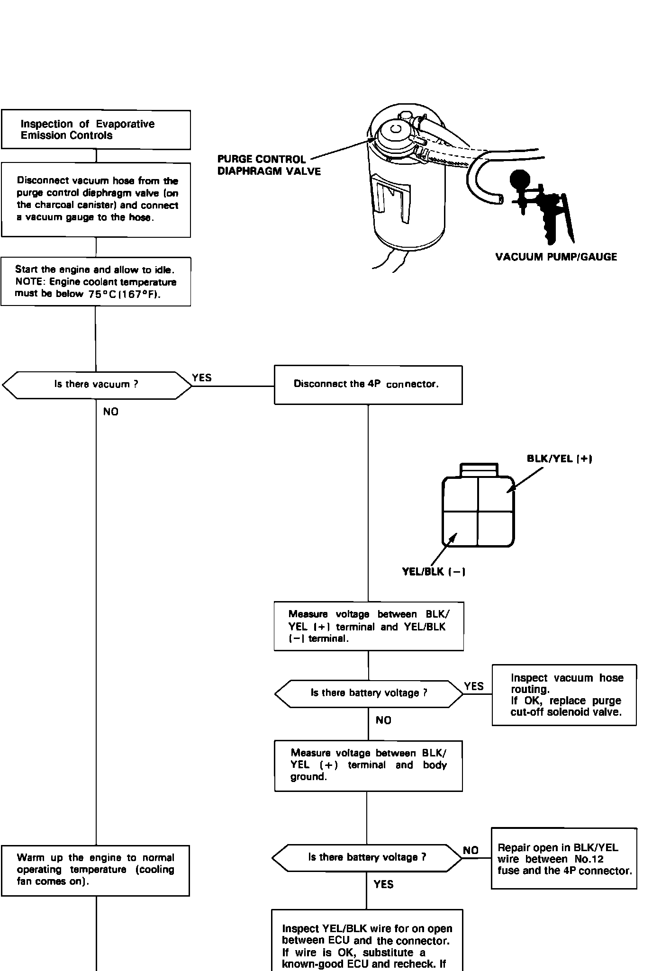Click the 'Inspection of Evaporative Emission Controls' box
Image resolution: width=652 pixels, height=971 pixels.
pos(96,130)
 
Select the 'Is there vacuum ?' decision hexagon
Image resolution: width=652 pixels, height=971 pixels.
pos(97,385)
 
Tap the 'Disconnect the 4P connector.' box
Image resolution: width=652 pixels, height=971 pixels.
pos(368,385)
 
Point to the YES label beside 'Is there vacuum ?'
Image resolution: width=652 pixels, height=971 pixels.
pos(202,378)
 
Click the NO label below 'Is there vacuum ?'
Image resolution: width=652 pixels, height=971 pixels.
pos(111,412)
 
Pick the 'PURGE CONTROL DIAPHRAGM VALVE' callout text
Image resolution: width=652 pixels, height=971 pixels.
pos(269,165)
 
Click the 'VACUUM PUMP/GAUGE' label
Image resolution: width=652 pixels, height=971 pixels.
pos(556,257)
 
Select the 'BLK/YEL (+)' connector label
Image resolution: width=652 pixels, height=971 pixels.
pos(560,459)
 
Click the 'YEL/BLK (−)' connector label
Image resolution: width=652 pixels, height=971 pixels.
pos(433,572)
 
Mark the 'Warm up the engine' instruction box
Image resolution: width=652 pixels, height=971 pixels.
pos(95,871)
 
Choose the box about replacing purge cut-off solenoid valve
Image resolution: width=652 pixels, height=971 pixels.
pos(564,695)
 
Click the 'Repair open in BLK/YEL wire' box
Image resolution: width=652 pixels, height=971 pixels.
pos(564,858)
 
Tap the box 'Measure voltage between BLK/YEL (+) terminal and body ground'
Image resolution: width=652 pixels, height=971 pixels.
pos(368,766)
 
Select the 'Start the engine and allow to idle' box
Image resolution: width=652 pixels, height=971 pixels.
pos(96,281)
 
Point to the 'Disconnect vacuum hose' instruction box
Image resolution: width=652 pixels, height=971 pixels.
pos(96,200)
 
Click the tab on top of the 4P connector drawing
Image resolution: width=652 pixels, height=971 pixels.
pos(479,469)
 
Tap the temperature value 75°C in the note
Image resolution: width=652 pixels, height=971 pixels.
pos(102,294)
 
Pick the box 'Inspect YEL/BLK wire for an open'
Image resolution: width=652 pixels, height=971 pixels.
pos(367,940)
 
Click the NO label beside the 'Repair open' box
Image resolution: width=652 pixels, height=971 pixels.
pos(471,850)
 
